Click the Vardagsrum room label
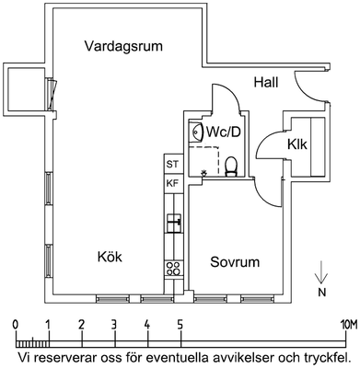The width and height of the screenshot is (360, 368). (x=123, y=47)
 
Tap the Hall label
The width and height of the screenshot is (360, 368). (x=266, y=83)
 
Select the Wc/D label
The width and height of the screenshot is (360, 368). (x=224, y=132)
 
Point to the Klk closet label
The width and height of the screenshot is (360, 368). (x=297, y=144)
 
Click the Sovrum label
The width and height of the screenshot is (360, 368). (x=235, y=262)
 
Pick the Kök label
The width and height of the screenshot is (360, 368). (x=110, y=257)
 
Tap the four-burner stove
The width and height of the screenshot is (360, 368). (x=173, y=269)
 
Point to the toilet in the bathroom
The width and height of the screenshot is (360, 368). (x=231, y=167)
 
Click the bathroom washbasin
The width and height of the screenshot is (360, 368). (x=196, y=132)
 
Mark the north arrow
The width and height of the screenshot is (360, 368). (x=321, y=271)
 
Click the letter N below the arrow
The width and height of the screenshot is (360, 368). (x=321, y=293)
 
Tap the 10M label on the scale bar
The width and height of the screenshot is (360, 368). (x=349, y=325)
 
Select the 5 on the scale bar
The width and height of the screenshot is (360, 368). (x=180, y=325)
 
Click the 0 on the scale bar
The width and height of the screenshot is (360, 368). (x=15, y=325)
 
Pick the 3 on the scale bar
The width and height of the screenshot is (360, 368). (x=114, y=325)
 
